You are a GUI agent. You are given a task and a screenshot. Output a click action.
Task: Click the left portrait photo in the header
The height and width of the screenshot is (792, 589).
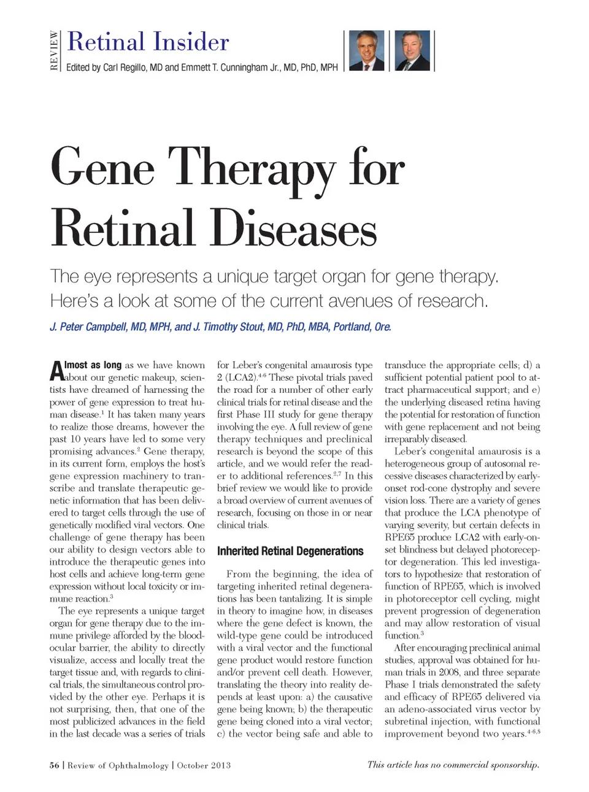click(366, 51)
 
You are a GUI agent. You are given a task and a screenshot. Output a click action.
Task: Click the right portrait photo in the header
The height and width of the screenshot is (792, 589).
click(412, 51)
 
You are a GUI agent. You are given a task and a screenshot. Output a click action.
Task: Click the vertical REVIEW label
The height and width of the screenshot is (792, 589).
click(54, 50)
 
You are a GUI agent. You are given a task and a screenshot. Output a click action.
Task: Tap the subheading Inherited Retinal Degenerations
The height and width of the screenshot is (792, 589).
click(290, 551)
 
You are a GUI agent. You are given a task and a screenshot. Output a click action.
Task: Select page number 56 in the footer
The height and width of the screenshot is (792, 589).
click(55, 765)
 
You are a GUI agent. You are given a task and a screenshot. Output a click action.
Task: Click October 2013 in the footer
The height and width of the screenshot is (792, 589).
click(204, 765)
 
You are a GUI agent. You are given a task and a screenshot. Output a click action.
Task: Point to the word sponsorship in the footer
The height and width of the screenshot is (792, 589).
click(510, 764)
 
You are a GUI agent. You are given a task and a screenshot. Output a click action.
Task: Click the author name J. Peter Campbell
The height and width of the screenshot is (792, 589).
click(88, 327)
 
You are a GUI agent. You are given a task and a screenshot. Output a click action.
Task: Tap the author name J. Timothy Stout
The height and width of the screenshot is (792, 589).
click(228, 327)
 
